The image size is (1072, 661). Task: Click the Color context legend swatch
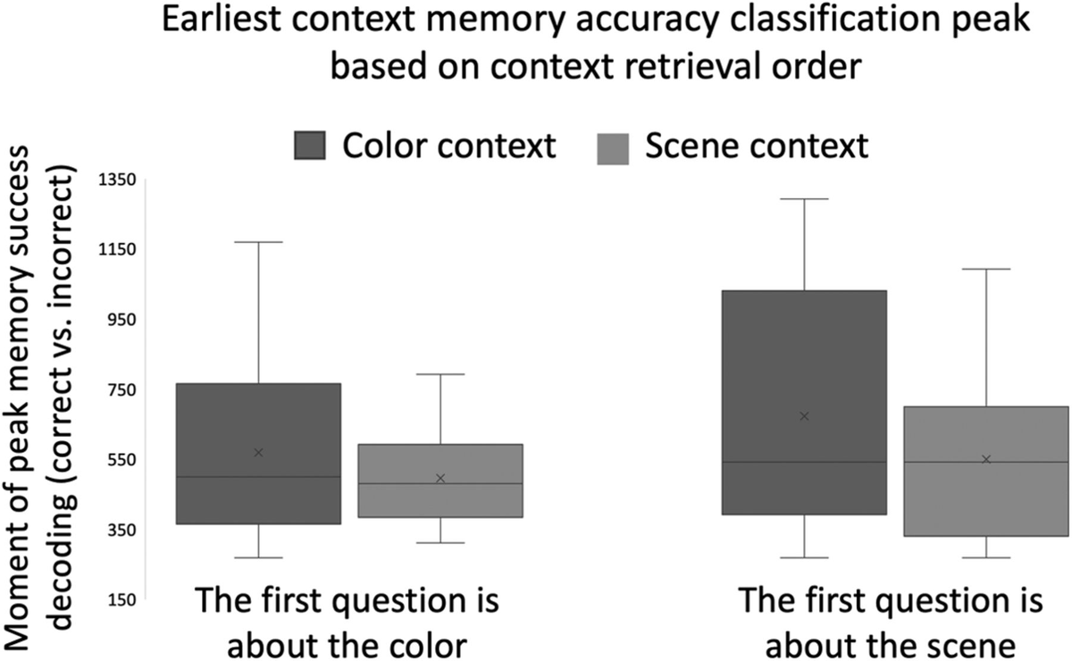(310, 146)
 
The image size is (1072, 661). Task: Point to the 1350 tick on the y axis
(115, 180)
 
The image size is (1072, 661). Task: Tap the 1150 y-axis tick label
(115, 249)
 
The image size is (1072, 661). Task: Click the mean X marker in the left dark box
(258, 453)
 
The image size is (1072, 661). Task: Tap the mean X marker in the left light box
(440, 479)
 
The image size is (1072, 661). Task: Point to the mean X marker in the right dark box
(804, 416)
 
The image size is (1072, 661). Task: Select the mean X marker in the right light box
(986, 459)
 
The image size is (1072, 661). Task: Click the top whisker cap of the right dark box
(804, 199)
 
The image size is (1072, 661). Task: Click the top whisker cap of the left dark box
(258, 242)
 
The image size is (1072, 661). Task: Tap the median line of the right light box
(986, 462)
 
